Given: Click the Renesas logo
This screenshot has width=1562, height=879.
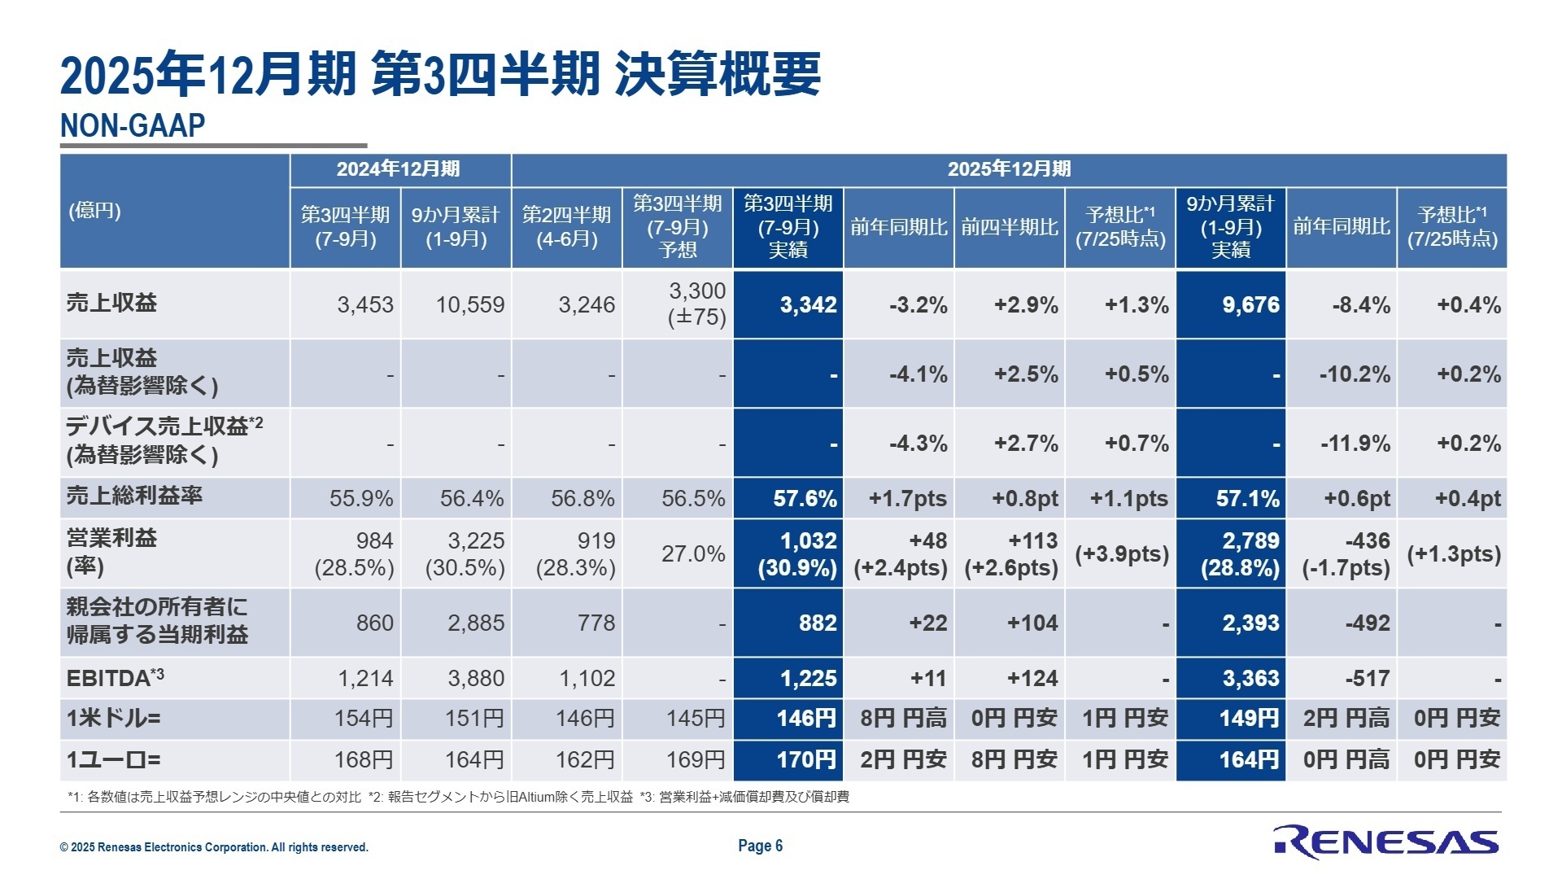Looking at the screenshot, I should point(1385,842).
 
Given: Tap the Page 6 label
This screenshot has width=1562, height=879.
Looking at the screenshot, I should point(760,846).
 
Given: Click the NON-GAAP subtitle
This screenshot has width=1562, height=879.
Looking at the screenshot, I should point(133,126).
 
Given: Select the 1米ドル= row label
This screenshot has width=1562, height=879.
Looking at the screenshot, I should point(113,719).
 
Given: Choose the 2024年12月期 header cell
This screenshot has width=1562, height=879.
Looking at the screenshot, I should point(399,169).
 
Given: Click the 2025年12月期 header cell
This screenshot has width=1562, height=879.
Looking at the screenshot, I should point(1009,169).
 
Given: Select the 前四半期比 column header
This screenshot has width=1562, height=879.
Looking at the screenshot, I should point(1009,227).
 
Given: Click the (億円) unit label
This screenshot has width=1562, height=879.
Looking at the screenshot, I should point(94,212).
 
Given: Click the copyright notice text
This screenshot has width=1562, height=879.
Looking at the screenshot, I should point(214,847).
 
